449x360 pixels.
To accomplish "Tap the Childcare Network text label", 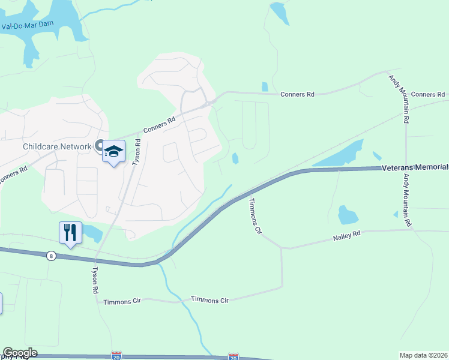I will click(x=47, y=146).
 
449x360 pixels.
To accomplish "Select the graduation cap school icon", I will click(x=113, y=152).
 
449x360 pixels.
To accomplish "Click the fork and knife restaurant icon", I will click(x=70, y=232).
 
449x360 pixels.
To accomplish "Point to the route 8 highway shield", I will click(x=52, y=256).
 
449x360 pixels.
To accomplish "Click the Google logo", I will click(x=20, y=353).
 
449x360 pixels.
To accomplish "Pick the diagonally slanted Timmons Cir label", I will click(x=255, y=216).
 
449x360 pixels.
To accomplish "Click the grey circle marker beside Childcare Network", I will click(x=98, y=146).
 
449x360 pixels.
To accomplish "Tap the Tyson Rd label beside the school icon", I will click(x=137, y=152).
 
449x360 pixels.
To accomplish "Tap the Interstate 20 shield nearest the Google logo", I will click(x=116, y=356).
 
